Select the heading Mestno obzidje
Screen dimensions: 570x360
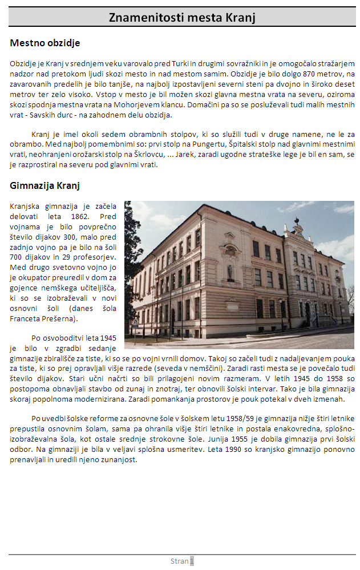pyautogui.click(x=45, y=43)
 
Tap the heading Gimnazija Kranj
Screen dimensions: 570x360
pyautogui.click(x=45, y=185)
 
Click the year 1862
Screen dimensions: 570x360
pyautogui.click(x=79, y=216)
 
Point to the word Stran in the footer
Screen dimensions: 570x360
pyautogui.click(x=179, y=561)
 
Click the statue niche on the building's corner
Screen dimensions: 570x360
pyautogui.click(x=230, y=266)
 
